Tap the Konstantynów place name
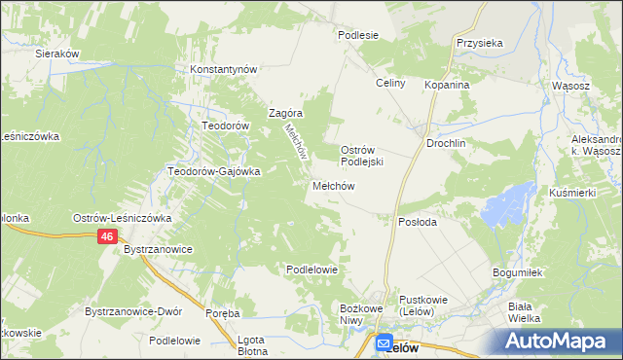click(x=223, y=70)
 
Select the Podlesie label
click(x=357, y=34)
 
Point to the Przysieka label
click(x=478, y=43)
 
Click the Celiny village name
click(x=390, y=84)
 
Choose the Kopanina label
click(x=447, y=85)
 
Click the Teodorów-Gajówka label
click(x=214, y=171)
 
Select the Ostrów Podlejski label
click(x=364, y=156)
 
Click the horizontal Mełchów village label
click(x=332, y=186)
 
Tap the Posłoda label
click(x=419, y=222)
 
